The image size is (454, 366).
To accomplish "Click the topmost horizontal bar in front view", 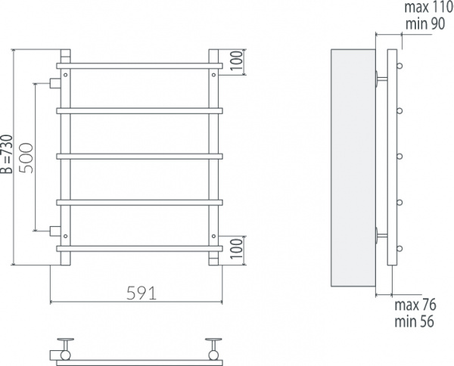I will click(139, 66).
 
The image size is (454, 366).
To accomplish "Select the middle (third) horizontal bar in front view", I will click(139, 157).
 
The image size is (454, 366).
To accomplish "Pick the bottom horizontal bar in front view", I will click(139, 247).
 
